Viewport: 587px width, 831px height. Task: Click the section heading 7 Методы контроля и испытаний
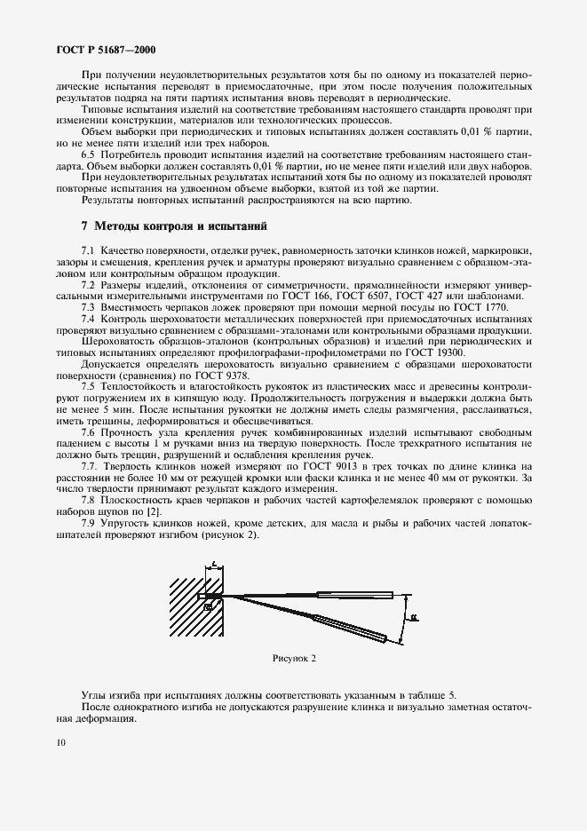tap(167, 227)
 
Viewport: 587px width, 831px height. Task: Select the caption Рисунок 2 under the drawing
tap(294, 658)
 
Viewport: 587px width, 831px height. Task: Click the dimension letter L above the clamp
tap(214, 564)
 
